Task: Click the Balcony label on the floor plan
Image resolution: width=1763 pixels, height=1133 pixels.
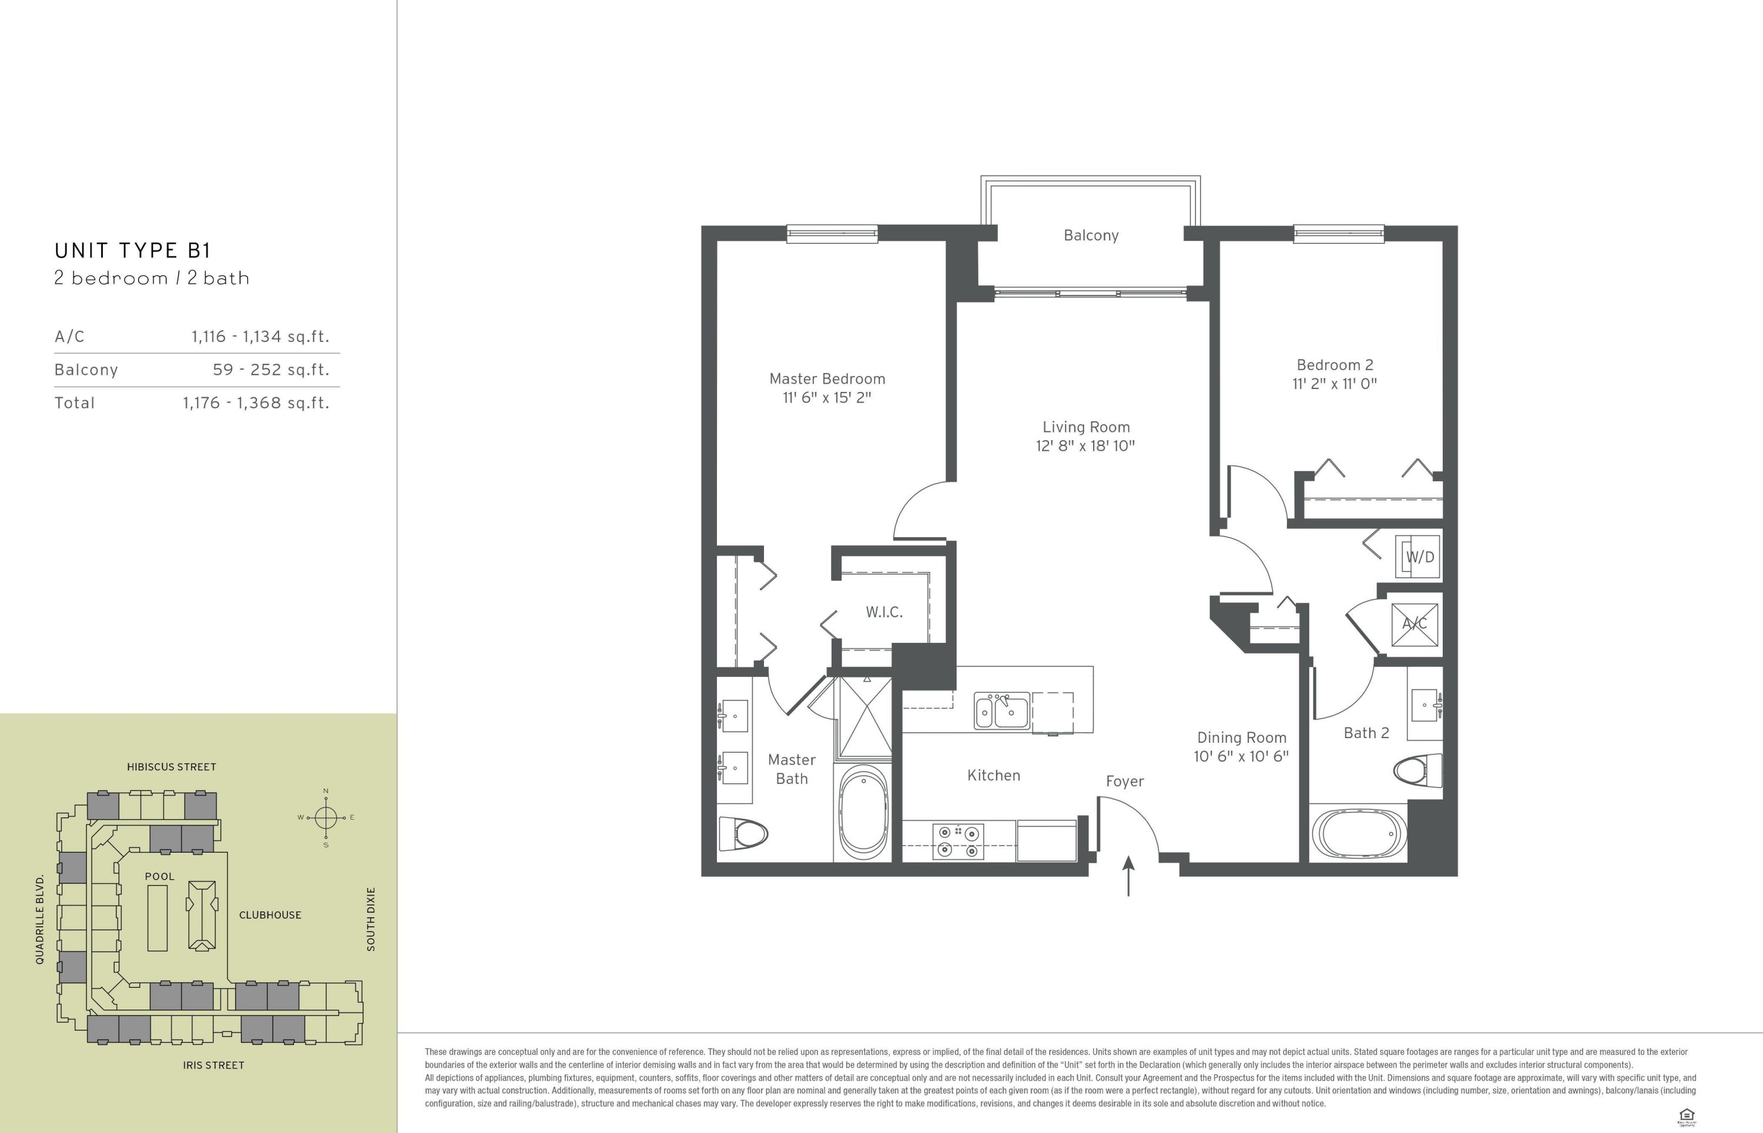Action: (x=1091, y=236)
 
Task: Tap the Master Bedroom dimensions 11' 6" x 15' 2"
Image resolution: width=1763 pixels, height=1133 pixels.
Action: (x=827, y=398)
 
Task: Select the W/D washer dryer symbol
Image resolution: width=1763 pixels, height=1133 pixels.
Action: (x=1418, y=557)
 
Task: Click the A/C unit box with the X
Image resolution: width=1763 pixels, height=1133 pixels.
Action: (x=1415, y=625)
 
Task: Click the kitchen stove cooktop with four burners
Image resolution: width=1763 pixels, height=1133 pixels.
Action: (x=958, y=841)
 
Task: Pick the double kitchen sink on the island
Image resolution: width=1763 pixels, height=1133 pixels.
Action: (x=1002, y=710)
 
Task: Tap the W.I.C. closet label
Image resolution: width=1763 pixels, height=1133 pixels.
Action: (x=884, y=612)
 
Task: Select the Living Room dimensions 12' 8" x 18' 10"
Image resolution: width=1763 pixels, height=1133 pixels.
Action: (x=1085, y=446)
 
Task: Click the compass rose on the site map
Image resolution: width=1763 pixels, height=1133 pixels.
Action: (x=326, y=817)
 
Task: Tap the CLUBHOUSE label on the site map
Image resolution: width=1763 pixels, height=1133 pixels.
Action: (x=270, y=915)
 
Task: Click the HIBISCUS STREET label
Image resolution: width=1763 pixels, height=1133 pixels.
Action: (x=172, y=767)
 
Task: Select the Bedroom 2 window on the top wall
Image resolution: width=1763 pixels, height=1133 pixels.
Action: (x=1339, y=234)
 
